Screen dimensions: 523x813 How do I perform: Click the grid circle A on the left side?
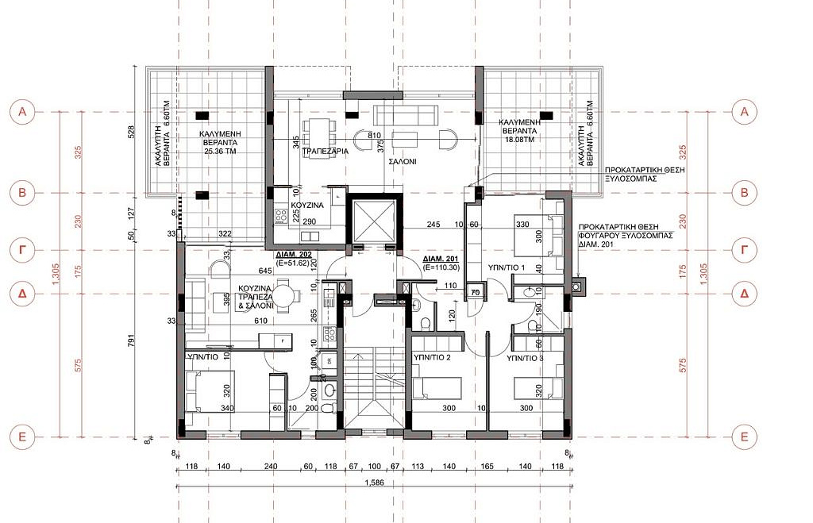tap(23, 113)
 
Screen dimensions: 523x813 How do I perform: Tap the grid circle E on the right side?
tap(744, 436)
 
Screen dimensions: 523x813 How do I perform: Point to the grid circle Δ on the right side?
tap(744, 294)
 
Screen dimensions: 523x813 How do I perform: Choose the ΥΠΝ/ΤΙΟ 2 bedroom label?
tap(432, 358)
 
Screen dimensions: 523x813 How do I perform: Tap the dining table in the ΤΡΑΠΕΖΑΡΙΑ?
tap(322, 129)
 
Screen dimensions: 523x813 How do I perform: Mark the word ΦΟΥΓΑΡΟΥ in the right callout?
tap(610, 236)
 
